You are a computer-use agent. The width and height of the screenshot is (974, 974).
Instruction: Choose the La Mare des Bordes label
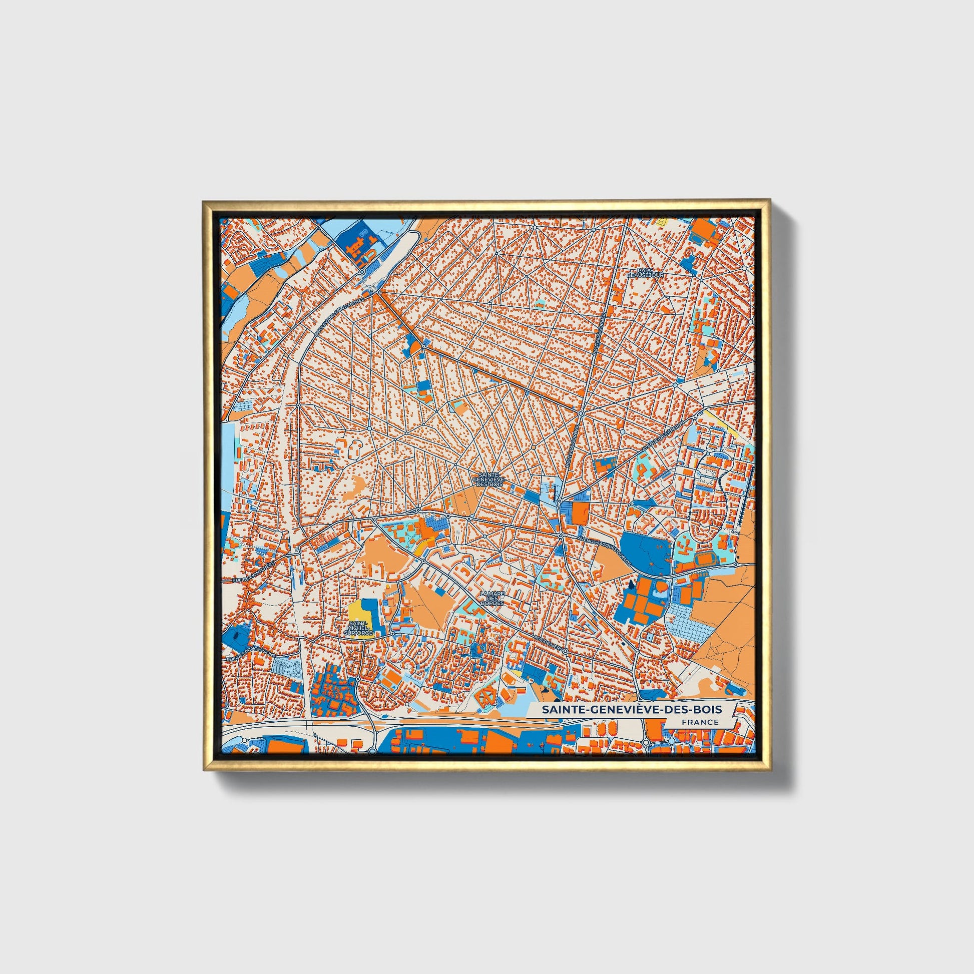492,599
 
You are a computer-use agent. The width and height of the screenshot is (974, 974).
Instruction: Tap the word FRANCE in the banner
700,722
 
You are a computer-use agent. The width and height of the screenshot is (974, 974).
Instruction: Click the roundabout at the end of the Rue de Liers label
565,651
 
